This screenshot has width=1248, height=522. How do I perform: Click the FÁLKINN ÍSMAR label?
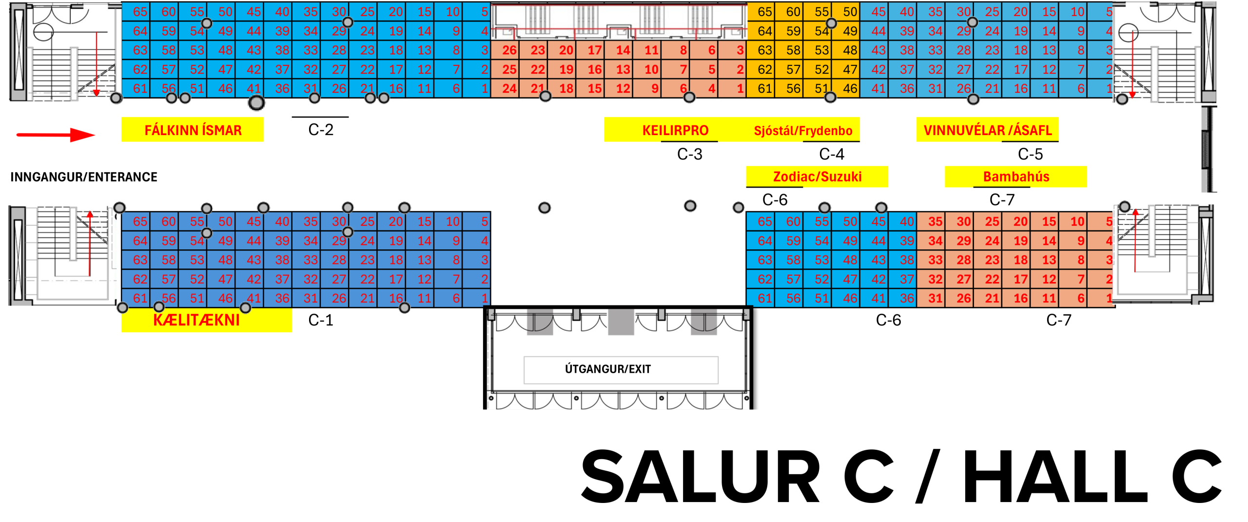193,130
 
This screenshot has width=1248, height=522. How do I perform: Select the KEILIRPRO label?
675,130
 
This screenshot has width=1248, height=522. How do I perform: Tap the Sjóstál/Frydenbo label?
803,130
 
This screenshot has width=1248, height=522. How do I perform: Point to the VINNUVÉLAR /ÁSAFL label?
988,130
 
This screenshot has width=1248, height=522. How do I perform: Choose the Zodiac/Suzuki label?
817,177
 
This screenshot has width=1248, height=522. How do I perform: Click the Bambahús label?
1016,177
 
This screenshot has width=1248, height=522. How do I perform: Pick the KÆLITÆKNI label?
196,320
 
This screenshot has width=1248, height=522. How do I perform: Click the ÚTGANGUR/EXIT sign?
608,369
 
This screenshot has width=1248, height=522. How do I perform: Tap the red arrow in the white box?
56,135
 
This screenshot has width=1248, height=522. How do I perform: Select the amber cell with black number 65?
764,12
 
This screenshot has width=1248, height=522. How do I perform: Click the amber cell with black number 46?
850,88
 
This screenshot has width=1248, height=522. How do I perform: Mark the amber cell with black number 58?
793,50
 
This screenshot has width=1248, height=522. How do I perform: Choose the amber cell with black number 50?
850,12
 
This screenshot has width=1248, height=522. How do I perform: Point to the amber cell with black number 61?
764,88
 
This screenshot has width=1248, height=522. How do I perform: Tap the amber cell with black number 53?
821,50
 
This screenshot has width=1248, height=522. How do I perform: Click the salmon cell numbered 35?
935,221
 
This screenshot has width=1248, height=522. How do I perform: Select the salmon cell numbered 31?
935,298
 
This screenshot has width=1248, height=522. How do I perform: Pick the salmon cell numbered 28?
963,260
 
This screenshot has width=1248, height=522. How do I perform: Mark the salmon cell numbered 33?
935,260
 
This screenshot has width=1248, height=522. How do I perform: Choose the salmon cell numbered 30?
963,221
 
